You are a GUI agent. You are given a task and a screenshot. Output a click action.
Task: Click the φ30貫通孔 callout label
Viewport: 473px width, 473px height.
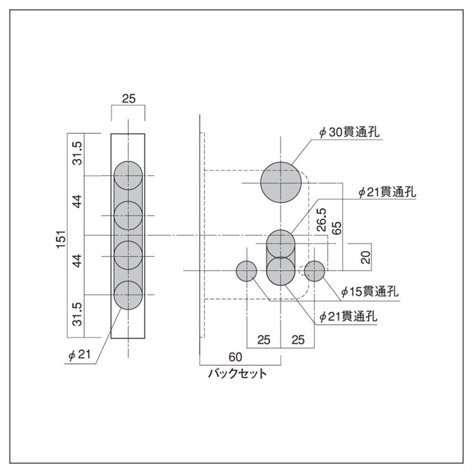[x=348, y=133]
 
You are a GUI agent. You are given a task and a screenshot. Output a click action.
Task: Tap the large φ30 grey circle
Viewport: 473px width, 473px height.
[x=281, y=182]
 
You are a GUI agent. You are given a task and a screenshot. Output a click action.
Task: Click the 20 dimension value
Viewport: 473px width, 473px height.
[x=366, y=257]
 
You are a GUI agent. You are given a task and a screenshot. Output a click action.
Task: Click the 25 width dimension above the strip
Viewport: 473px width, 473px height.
[x=128, y=98]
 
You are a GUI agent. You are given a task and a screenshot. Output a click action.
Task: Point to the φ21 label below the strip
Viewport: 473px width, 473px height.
[x=80, y=355]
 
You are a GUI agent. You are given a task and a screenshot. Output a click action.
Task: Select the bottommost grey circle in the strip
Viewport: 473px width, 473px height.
[x=128, y=295]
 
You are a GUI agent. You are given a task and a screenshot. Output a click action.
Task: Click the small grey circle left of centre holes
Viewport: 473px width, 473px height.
[x=246, y=271]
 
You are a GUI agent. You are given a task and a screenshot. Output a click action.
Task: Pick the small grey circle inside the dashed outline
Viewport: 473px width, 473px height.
[x=314, y=271]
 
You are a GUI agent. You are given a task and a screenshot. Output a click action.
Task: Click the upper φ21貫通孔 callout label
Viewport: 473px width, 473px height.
[x=387, y=193]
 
